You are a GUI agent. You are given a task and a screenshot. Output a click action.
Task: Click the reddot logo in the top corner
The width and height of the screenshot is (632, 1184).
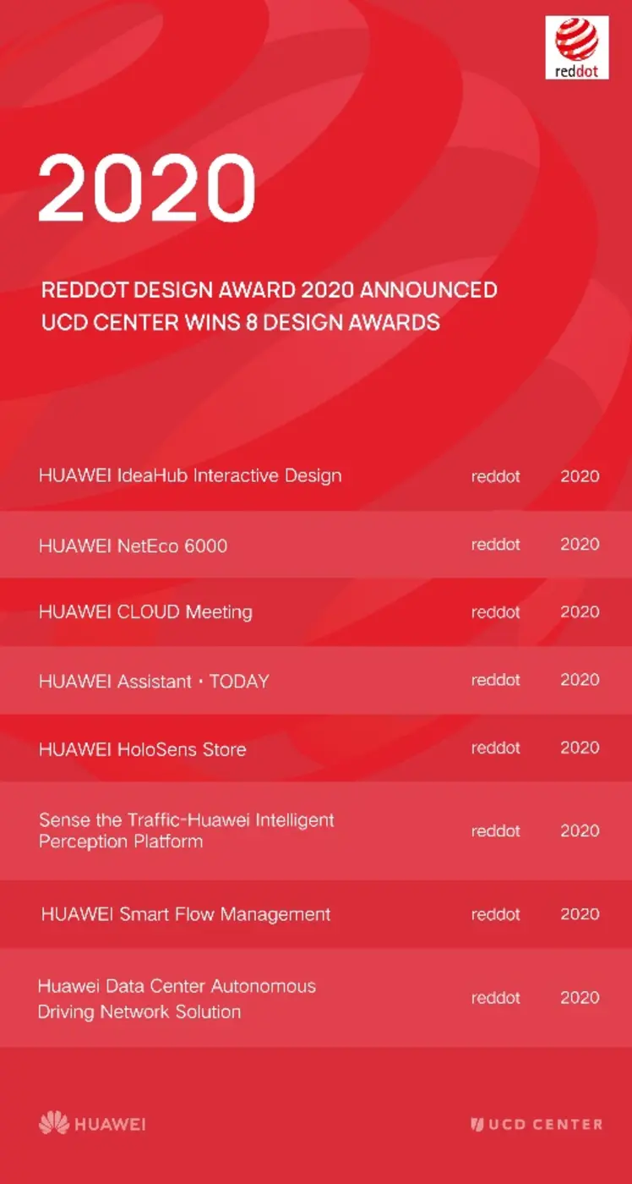577,47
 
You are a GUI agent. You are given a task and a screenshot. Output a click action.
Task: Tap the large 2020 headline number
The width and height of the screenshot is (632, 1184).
146,188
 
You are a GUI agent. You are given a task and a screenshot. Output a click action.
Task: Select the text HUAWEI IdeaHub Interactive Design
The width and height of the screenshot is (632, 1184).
190,475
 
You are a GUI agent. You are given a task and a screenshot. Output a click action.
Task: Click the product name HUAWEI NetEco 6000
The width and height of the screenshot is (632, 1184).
133,545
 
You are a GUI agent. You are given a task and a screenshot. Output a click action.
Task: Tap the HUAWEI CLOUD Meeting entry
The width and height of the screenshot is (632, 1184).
145,611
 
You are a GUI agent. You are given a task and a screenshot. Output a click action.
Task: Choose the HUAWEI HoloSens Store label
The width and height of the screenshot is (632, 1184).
142,749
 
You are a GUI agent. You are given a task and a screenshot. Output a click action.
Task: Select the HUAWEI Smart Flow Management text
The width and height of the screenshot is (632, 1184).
186,914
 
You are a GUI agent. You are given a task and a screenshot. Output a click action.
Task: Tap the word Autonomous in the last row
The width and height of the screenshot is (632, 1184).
263,986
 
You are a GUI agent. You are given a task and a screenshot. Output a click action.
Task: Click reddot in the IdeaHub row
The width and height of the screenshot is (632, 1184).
495,476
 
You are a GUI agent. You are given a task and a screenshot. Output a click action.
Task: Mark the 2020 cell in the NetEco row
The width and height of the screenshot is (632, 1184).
580,544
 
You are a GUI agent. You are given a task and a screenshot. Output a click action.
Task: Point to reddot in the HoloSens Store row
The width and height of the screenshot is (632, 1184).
495,748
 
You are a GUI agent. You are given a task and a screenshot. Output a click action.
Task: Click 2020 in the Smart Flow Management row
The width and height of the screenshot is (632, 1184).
580,914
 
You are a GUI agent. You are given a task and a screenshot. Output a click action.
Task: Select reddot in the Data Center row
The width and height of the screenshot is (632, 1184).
495,998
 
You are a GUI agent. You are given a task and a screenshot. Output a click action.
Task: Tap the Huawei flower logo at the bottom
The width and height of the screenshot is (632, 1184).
54,1123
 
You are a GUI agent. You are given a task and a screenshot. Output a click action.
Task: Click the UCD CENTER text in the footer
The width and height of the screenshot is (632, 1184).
545,1125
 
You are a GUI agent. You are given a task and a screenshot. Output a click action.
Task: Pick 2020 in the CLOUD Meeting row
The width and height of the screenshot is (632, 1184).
580,611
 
